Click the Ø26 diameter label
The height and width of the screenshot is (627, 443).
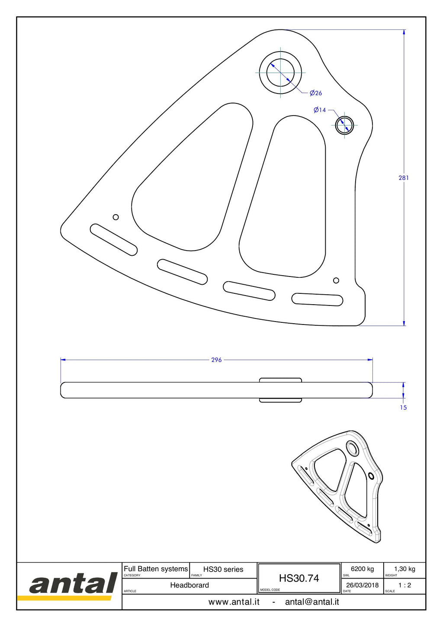316,93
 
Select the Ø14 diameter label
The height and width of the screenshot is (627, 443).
320,110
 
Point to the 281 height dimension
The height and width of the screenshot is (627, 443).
404,178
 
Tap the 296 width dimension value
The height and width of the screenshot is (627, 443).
216,360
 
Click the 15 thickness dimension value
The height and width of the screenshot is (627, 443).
403,408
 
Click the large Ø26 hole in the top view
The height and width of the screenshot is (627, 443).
280,73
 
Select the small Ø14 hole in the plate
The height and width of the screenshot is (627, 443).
344,125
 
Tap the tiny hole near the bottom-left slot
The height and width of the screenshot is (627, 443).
116,217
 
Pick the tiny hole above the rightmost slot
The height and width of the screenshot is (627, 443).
336,280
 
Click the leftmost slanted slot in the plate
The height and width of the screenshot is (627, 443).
114,240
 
